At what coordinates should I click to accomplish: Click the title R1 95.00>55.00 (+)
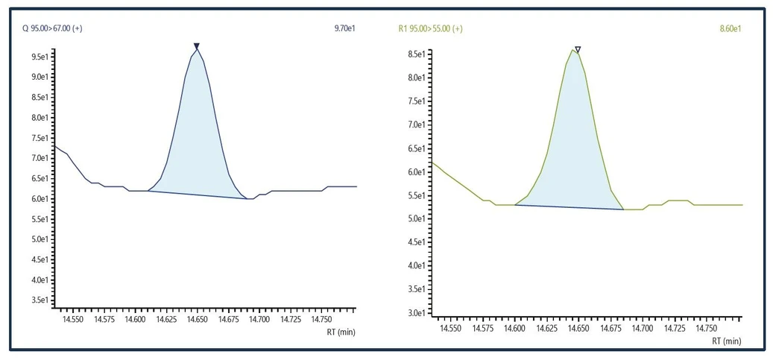431,28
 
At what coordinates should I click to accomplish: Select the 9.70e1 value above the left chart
345,28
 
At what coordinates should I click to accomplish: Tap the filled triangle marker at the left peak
197,46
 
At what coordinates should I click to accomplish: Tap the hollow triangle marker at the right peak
578,50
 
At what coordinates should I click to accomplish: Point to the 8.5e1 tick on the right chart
417,54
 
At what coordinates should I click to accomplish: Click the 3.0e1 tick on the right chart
417,313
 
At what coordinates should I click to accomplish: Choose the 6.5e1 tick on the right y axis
417,148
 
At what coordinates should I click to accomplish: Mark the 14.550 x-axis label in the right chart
449,328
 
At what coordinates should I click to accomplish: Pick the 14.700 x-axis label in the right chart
642,328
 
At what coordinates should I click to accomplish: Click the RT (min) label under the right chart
727,341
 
